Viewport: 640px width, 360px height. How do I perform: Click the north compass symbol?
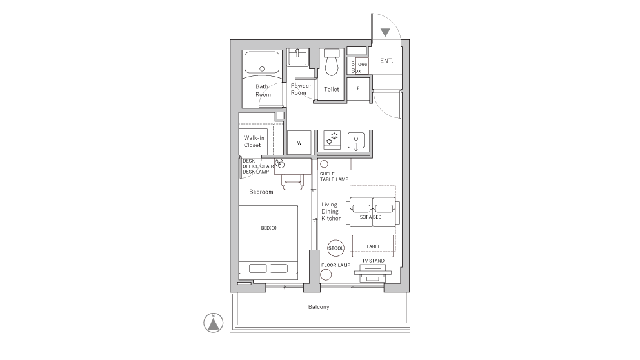point(213,323)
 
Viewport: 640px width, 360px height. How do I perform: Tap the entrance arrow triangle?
point(385,32)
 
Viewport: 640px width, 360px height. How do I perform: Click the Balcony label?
point(319,307)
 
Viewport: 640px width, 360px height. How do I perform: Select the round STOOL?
point(335,248)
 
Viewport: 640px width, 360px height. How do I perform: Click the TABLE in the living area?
point(373,246)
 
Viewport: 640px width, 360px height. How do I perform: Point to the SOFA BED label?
point(370,217)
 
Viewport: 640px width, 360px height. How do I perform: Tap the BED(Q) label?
point(268,228)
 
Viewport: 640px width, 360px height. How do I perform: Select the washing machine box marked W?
point(299,143)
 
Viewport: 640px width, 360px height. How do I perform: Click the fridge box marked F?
point(358,88)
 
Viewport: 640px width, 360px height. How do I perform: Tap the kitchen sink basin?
point(356,141)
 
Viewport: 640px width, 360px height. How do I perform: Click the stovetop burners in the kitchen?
point(332,139)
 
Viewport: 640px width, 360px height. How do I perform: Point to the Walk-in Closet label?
point(254,141)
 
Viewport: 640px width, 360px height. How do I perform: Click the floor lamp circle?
point(326,275)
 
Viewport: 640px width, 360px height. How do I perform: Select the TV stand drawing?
point(373,273)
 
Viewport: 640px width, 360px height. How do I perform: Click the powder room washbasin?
point(298,57)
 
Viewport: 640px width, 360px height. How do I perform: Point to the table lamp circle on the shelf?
point(324,164)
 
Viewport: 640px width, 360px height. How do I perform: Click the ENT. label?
point(386,61)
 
